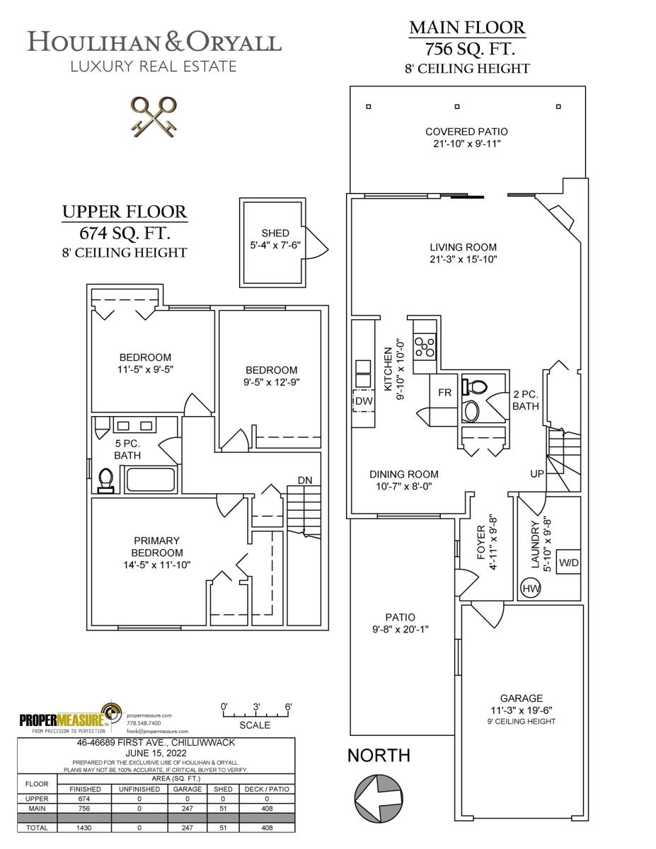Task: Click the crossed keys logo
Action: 154,117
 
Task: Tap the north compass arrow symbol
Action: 378,797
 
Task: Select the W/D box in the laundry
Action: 568,562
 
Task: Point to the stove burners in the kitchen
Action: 425,347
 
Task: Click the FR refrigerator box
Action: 444,392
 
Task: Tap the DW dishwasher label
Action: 363,401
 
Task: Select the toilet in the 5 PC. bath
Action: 105,480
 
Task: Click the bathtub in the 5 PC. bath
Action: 149,480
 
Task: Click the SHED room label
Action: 275,233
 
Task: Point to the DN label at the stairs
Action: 305,480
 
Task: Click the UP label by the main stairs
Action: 537,473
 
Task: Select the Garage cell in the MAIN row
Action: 187,809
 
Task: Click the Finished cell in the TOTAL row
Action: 84,828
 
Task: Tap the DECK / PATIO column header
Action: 267,789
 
